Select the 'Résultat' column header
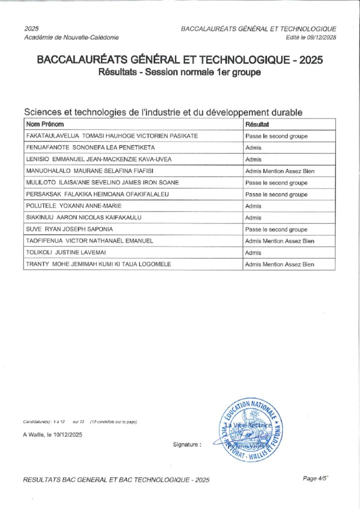[257, 124]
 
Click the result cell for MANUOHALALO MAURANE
[279, 171]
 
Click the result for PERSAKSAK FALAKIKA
[276, 194]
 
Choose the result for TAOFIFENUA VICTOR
[279, 241]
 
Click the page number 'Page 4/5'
[315, 478]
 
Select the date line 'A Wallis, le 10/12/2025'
[52, 434]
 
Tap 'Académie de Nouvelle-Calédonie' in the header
[71, 37]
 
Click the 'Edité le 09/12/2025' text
[311, 37]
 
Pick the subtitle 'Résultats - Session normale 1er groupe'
[180, 72]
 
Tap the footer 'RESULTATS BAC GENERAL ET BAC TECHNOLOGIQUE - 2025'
[116, 480]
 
